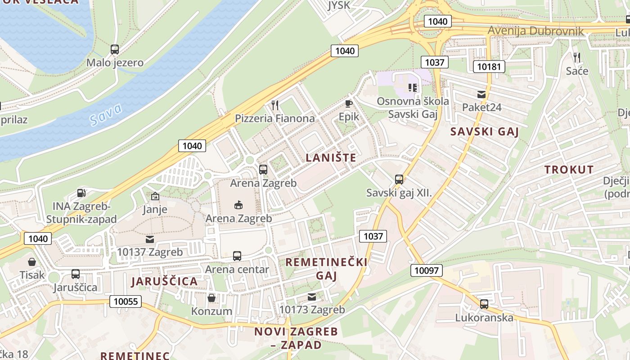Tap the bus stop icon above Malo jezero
coord(115,49)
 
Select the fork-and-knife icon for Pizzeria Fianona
coord(275,105)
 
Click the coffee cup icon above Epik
coord(349,103)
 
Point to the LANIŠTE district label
coord(331,158)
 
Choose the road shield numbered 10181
coord(489,67)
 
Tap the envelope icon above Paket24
coord(481,94)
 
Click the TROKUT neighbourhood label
coord(569,170)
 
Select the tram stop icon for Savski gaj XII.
coord(399,180)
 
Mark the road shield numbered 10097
coord(426,270)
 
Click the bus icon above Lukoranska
coord(484,304)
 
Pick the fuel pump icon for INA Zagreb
coord(81,193)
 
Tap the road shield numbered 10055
coord(126,301)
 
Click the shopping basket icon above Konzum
coord(211,298)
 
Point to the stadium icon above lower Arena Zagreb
coord(238,205)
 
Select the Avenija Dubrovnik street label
coord(535,31)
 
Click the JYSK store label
coord(338,5)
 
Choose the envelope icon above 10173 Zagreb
coord(312,297)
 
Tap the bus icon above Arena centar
coord(237,256)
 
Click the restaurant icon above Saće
coord(576,58)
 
